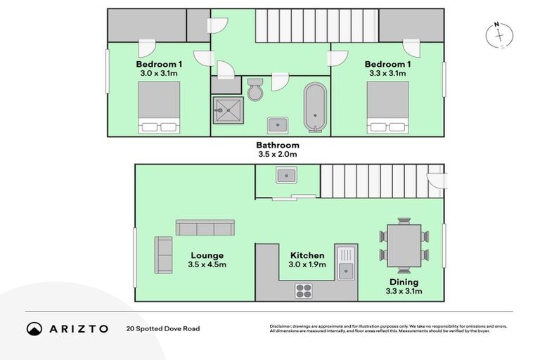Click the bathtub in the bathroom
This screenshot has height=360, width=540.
pos(315,108)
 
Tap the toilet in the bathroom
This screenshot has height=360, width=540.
pos(255,89)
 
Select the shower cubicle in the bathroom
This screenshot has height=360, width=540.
pos(226,108)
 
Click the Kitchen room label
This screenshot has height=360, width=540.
pos(307,255)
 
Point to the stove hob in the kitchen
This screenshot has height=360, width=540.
pos(304,289)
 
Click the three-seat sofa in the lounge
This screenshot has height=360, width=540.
pos(205,228)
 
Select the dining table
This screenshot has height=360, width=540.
pos(404,245)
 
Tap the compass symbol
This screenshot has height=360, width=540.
pos(501,35)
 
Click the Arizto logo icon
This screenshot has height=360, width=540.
pos(34,328)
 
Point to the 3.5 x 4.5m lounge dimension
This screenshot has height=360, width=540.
pos(207,265)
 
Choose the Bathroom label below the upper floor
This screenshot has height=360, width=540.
pos(277,146)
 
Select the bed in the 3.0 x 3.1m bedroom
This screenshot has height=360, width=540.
pos(159,107)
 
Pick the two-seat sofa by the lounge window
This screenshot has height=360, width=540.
pos(163,255)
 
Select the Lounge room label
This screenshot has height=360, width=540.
pos(207,255)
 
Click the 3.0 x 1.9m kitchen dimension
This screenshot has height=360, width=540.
pos(307,265)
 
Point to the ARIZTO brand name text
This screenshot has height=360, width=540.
pos(79,328)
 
